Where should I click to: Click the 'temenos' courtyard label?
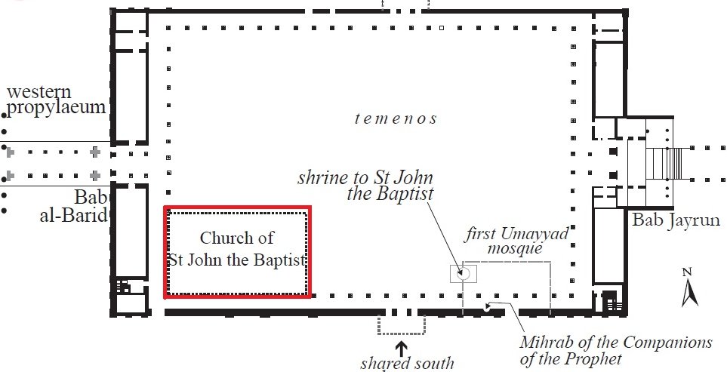point(396,118)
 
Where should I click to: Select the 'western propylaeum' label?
point(54,100)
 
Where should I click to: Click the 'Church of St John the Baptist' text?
point(237,249)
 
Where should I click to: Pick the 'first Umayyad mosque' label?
point(516,239)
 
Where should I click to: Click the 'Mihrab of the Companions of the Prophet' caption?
point(615,350)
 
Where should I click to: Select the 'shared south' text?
point(407,363)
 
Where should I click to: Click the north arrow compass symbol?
point(688,291)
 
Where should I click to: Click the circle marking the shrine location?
point(464,272)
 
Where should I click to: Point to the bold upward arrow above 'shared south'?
point(401,348)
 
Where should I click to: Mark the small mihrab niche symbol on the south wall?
point(491,306)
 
